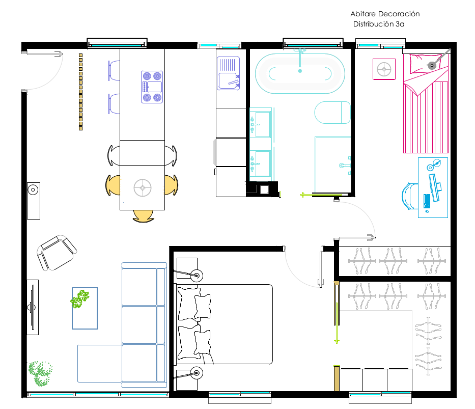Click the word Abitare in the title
[363, 14]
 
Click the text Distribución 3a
[379, 24]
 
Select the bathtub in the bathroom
[300, 74]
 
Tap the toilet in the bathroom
[332, 113]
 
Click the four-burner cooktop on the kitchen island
[152, 87]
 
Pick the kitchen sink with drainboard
[229, 73]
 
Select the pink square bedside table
[384, 69]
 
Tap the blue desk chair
[410, 196]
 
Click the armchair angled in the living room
[57, 253]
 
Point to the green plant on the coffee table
[80, 298]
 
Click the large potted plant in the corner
[40, 373]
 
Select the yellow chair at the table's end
[143, 216]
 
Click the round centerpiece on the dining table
[143, 188]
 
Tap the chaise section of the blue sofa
[100, 364]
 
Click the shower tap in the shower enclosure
[345, 166]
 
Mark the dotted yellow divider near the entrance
[80, 92]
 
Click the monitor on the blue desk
[435, 187]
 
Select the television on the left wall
[32, 307]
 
